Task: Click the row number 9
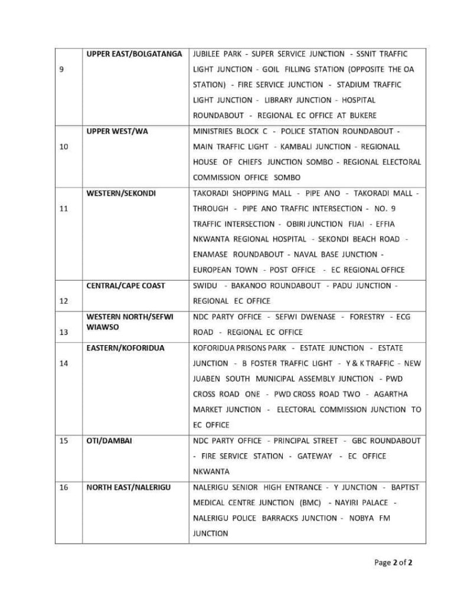63,69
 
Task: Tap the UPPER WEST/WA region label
117,131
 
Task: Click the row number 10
64,147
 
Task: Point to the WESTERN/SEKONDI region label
121,193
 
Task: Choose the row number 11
64,209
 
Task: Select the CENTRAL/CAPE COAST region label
126,285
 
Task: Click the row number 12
64,301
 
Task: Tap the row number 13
64,332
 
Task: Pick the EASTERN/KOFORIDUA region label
125,348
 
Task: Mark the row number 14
64,363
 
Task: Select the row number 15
64,441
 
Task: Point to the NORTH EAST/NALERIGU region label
129,487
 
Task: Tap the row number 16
64,487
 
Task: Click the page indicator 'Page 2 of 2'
393,562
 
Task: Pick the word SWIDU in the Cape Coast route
204,285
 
